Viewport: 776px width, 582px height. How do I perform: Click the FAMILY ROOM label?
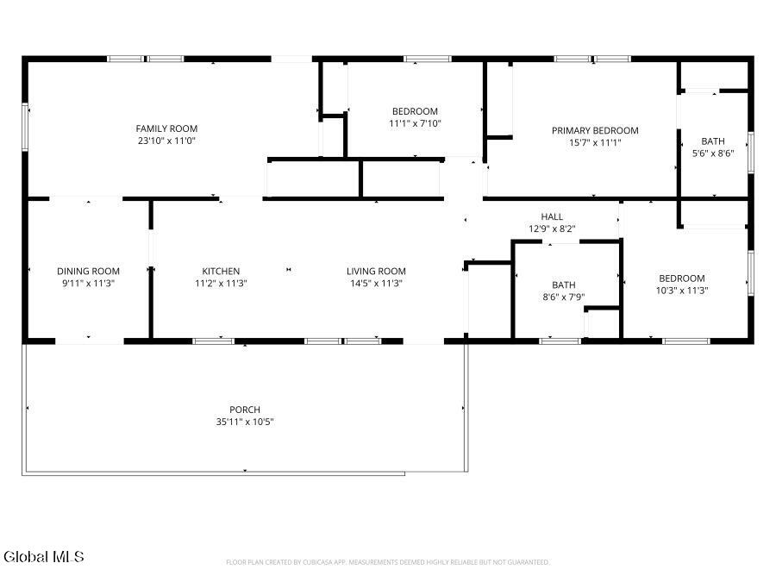click(x=166, y=128)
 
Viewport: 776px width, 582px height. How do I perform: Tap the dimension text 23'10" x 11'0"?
click(x=166, y=141)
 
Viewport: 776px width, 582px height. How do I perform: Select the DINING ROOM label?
click(x=88, y=272)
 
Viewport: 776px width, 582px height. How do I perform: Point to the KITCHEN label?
click(x=221, y=272)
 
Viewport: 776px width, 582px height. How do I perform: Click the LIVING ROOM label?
click(x=376, y=272)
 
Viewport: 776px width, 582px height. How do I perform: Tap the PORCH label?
click(x=245, y=410)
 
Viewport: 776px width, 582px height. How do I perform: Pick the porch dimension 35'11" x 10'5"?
click(x=245, y=422)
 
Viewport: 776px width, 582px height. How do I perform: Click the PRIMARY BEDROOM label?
click(x=595, y=131)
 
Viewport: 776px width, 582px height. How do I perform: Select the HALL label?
click(x=552, y=216)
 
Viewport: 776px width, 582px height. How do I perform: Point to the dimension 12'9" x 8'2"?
click(x=552, y=228)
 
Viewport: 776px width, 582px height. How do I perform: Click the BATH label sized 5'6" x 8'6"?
click(x=713, y=141)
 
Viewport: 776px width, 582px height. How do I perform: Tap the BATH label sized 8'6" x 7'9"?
click(x=564, y=285)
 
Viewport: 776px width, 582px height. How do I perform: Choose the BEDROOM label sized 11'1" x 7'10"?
click(x=415, y=111)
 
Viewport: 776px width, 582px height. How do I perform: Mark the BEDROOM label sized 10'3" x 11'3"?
click(x=681, y=278)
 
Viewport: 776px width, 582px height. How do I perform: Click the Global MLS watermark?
click(x=44, y=557)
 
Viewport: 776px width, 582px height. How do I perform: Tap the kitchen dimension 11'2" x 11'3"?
click(x=221, y=284)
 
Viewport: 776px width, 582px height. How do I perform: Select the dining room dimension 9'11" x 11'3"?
click(x=88, y=284)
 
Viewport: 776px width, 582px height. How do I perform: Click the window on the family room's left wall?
click(x=25, y=128)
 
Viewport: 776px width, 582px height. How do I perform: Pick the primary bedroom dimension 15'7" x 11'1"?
click(x=595, y=143)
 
